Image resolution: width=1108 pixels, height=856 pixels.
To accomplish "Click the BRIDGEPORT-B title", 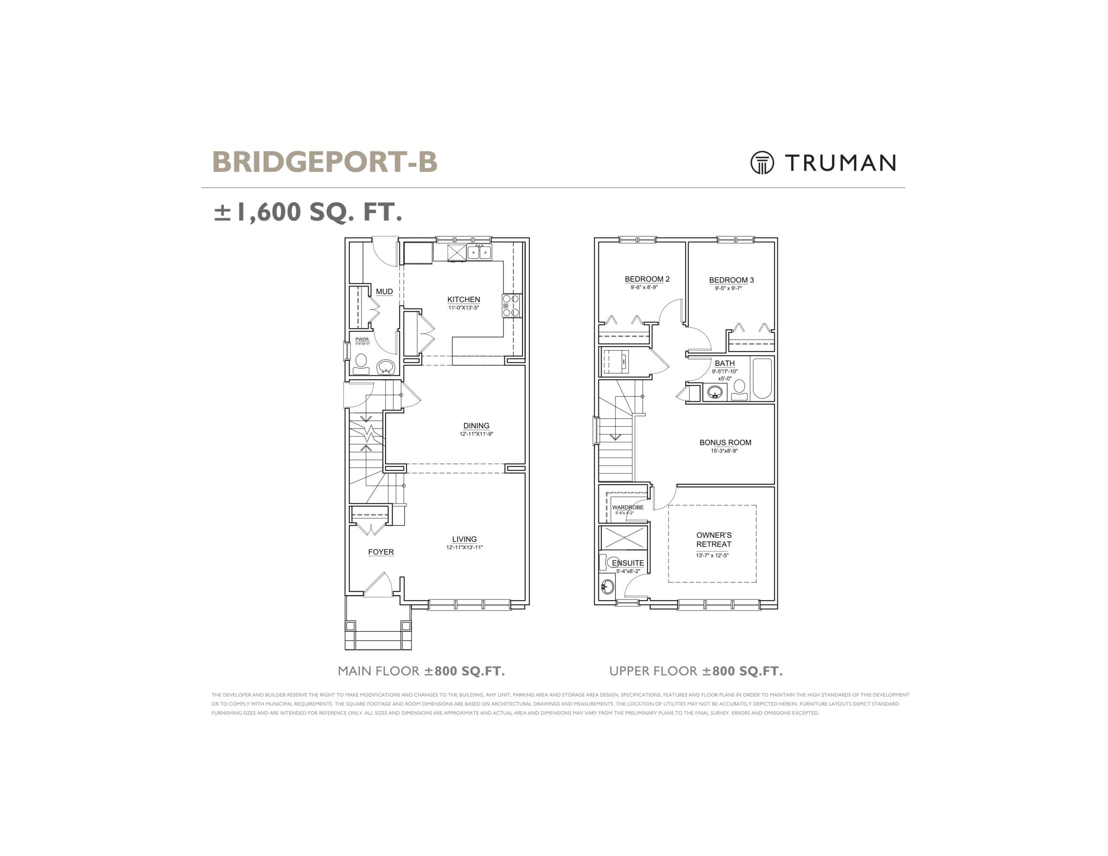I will pyautogui.click(x=324, y=162).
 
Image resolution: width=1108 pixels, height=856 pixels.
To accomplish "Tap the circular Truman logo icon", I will pyautogui.click(x=762, y=163).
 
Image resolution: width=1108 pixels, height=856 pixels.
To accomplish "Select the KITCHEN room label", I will pyautogui.click(x=463, y=299).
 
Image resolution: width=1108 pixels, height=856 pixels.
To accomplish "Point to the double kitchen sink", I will pyautogui.click(x=479, y=252).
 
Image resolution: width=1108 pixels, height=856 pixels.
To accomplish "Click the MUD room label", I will pyautogui.click(x=384, y=291).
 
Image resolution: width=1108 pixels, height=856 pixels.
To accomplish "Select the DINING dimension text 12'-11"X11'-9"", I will pyautogui.click(x=476, y=434).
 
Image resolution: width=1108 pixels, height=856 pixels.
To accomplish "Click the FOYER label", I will pyautogui.click(x=380, y=552).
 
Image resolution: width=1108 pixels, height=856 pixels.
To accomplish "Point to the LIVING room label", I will pyautogui.click(x=464, y=539).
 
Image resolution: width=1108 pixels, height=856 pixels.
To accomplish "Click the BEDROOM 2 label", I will pyautogui.click(x=647, y=279).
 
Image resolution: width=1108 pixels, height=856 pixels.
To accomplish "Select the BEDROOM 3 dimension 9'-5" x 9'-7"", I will pyautogui.click(x=728, y=288).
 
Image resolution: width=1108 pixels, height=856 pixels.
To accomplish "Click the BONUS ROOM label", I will pyautogui.click(x=725, y=442).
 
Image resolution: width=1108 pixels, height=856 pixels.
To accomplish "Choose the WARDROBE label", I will pyautogui.click(x=627, y=507).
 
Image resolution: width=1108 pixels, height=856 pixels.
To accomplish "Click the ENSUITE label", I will pyautogui.click(x=628, y=563).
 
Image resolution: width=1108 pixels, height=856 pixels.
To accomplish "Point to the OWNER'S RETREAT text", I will pyautogui.click(x=713, y=539).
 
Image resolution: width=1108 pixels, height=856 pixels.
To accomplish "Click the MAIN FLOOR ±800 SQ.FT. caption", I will pyautogui.click(x=421, y=671).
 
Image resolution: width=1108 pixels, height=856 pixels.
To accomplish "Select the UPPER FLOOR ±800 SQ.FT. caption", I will pyautogui.click(x=696, y=671).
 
